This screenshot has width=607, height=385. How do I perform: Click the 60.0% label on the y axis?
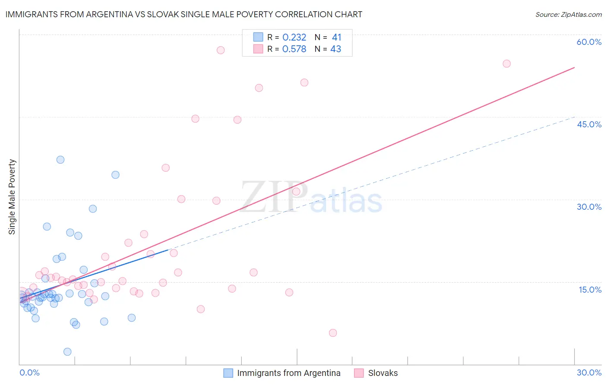point(589,42)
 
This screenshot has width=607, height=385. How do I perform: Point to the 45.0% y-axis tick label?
point(589,124)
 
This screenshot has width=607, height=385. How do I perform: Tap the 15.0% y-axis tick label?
point(590,290)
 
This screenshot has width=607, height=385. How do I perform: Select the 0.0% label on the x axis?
point(29,372)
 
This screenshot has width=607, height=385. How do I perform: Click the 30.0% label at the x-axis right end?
point(589,372)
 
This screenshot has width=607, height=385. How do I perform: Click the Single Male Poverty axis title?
point(12,197)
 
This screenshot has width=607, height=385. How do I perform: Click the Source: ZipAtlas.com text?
point(568,14)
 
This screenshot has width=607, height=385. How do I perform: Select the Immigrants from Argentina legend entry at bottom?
point(288,373)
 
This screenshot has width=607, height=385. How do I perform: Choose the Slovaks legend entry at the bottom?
point(383,373)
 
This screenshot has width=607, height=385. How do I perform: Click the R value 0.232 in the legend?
point(294,38)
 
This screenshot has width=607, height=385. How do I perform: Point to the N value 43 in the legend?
point(335,49)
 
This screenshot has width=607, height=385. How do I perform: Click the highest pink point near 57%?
point(221,50)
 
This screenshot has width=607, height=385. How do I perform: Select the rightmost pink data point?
point(506,64)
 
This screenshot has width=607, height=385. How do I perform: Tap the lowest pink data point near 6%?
point(333,333)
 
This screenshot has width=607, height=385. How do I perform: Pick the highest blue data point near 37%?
point(60,160)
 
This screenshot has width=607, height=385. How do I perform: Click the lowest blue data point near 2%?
point(67,352)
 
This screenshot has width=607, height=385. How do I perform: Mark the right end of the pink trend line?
point(574,67)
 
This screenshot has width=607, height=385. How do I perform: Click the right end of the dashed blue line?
point(574,117)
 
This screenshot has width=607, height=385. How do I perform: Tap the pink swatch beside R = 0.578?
point(258,49)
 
